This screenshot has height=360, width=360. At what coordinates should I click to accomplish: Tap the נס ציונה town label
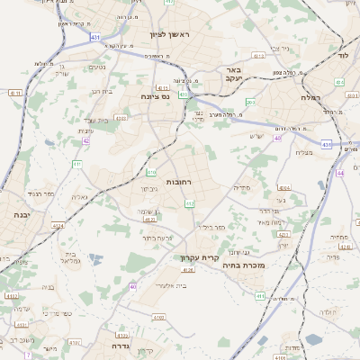point(157,96)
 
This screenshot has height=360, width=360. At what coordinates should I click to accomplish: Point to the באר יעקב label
point(233,74)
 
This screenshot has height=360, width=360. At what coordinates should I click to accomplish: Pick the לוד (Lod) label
point(343,55)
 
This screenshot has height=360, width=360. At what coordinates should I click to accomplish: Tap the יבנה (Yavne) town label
point(20,215)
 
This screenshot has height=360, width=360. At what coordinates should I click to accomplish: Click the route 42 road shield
point(86,141)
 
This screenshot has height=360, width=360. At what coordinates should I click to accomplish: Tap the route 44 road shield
point(339,172)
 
